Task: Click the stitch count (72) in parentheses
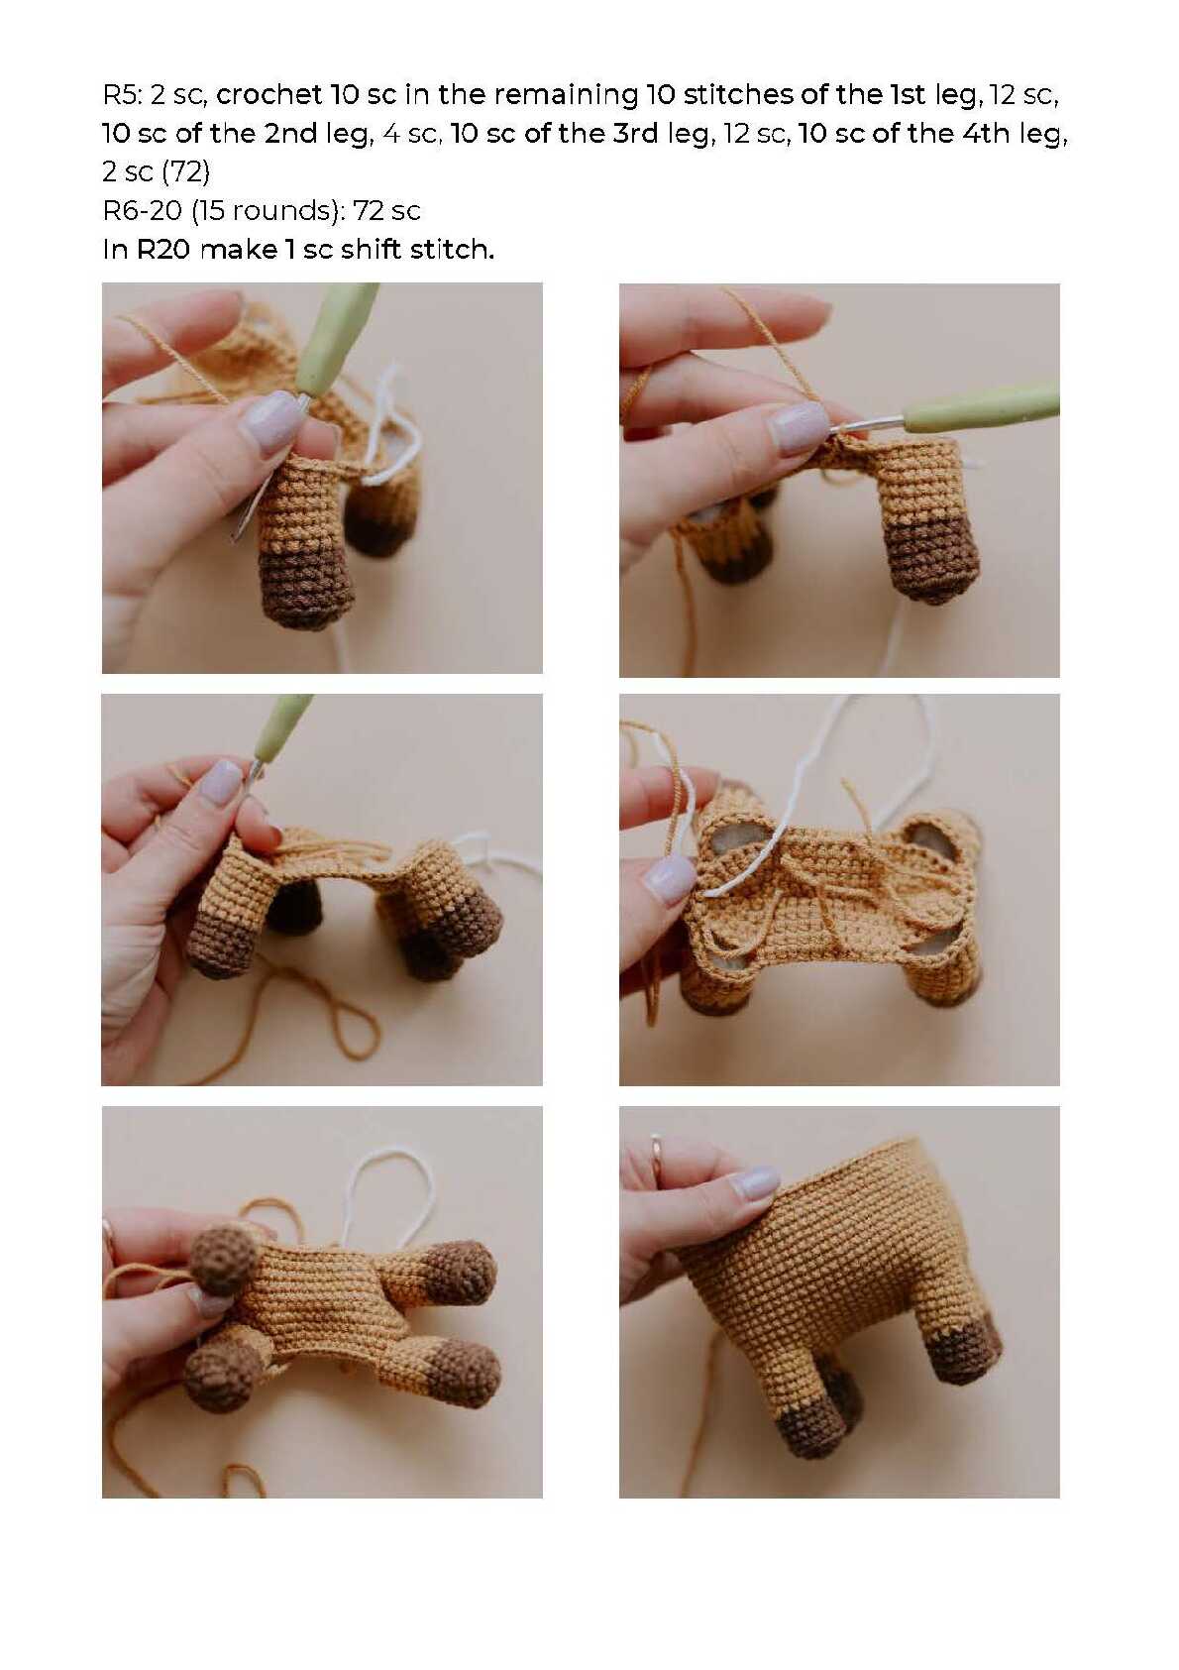tap(185, 172)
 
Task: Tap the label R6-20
tap(143, 211)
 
